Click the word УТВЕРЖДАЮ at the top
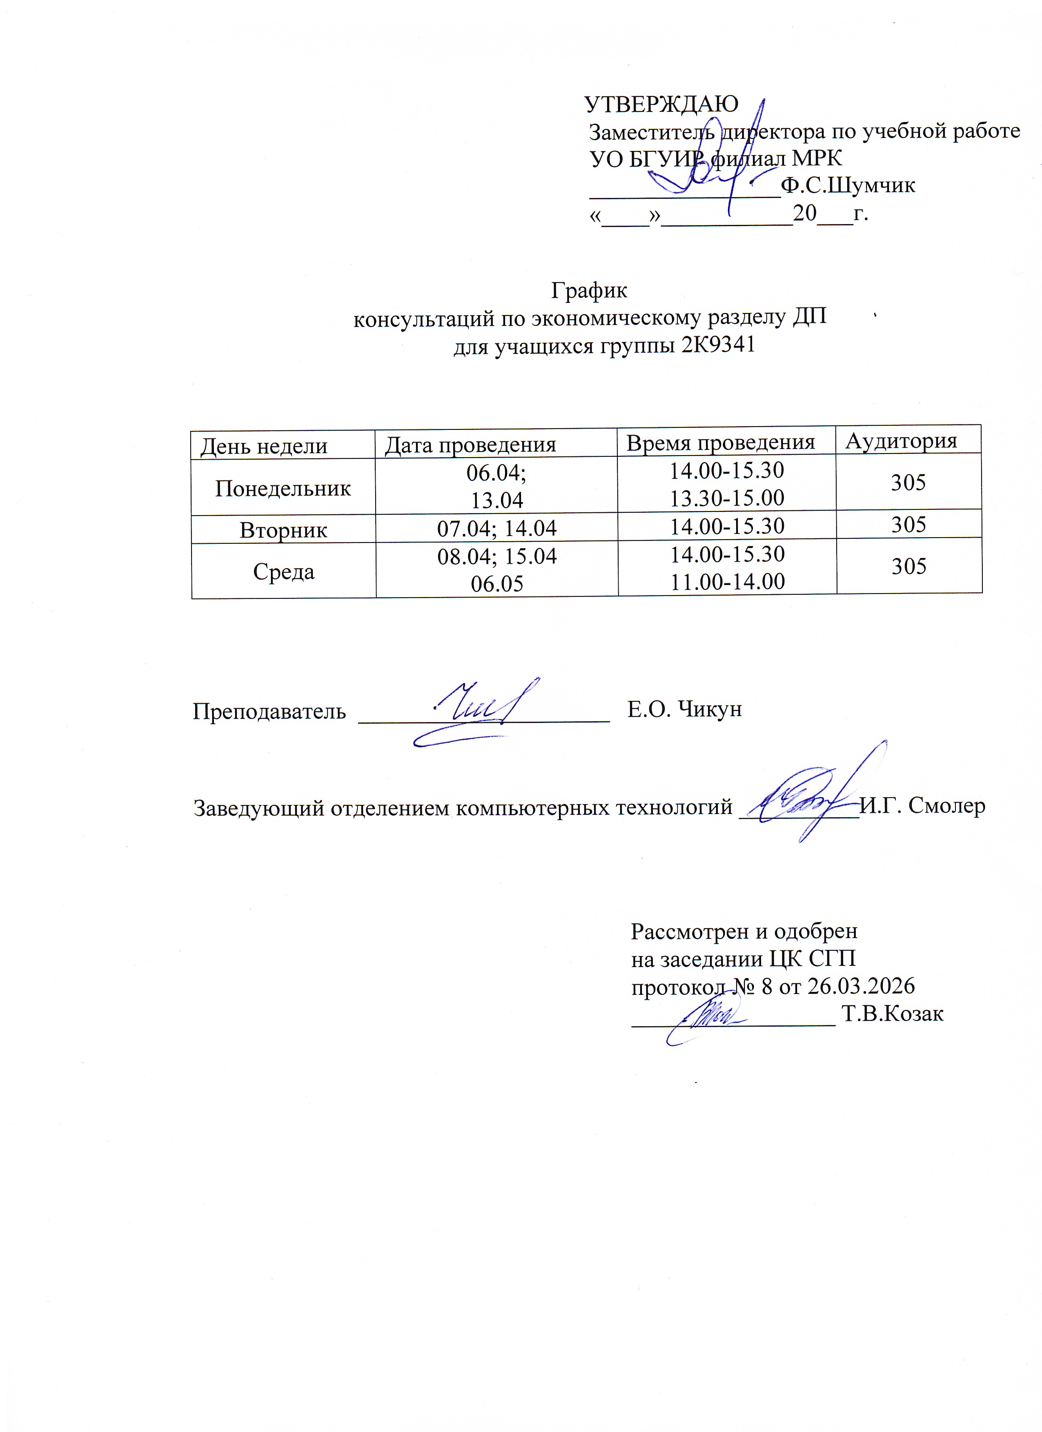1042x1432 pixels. [x=661, y=104]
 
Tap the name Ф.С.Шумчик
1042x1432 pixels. [x=848, y=186]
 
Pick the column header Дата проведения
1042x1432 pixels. [x=470, y=445]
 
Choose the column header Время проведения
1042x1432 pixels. [x=721, y=442]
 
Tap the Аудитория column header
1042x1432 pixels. [x=901, y=441]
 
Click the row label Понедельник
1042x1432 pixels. [x=283, y=488]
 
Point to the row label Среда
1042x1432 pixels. [x=283, y=572]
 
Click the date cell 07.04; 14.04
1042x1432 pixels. [x=497, y=528]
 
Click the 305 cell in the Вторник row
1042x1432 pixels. [x=909, y=524]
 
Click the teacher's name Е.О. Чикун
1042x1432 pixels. [x=685, y=709]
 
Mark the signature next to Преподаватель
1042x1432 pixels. [x=474, y=710]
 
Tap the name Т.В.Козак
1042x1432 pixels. [x=892, y=1014]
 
